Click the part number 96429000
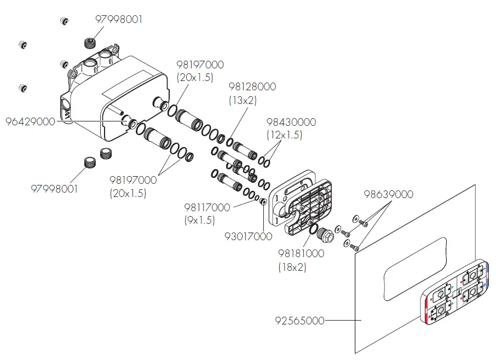click(x=30, y=122)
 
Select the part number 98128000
click(x=252, y=87)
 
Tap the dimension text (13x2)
click(x=243, y=100)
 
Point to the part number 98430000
click(x=291, y=122)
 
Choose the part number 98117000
click(x=207, y=208)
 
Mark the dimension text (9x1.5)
click(x=199, y=220)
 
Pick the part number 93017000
click(x=249, y=236)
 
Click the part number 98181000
click(x=301, y=254)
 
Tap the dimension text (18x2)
click(x=292, y=267)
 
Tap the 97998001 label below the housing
click(x=54, y=189)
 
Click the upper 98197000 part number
click(x=200, y=65)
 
